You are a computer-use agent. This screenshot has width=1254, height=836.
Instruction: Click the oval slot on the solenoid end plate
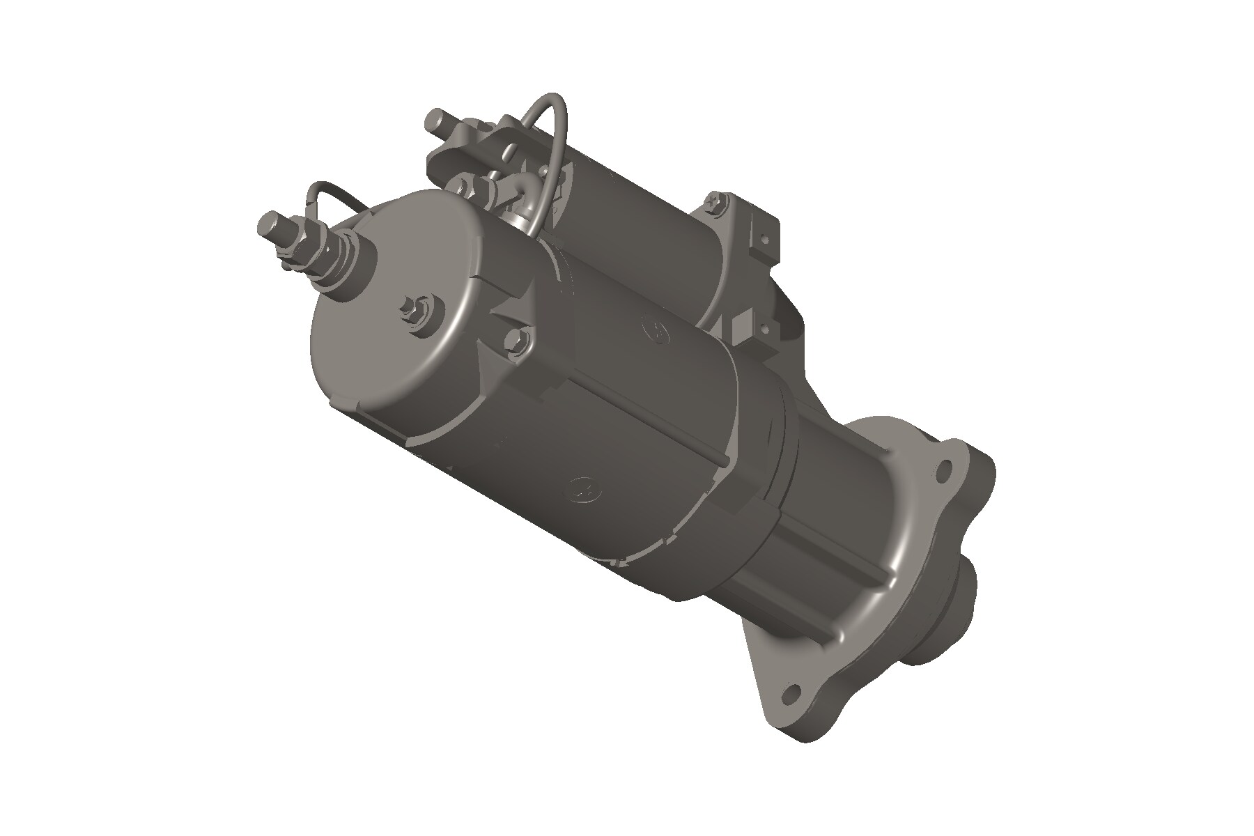pyautogui.click(x=513, y=148)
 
